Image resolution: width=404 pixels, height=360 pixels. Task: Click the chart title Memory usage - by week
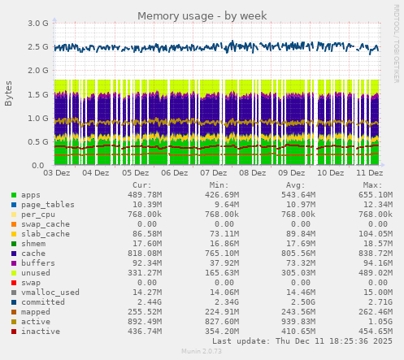(202, 15)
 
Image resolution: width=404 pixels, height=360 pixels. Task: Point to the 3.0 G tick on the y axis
(38, 24)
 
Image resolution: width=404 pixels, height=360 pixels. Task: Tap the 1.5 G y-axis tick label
(38, 94)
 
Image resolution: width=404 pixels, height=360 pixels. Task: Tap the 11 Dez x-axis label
(370, 173)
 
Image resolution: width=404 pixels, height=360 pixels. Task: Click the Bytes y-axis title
(9, 93)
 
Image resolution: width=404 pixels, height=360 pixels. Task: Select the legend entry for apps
(31, 195)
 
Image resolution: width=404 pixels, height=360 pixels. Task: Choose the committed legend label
(41, 301)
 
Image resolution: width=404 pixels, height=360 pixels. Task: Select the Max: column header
(373, 185)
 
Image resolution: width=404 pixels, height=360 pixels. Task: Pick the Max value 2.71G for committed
(377, 301)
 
